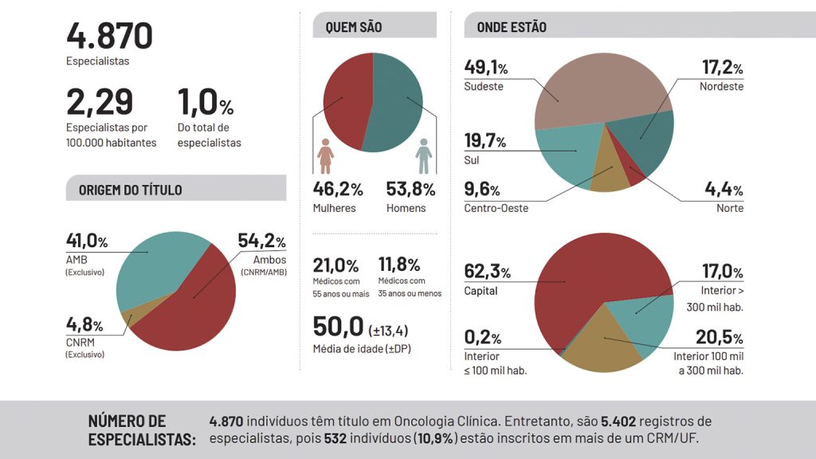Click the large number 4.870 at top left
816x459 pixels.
pos(109,37)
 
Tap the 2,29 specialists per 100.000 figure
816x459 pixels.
pos(100,102)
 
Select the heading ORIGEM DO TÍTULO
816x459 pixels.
pos(130,190)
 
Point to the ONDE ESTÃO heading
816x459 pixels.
pos(512,27)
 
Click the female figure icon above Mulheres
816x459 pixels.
pos(324,156)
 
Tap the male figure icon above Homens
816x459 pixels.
pos(423,156)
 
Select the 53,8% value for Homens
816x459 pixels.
pos(410,190)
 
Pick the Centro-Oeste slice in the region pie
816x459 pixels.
pos(610,178)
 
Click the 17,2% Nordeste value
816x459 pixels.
pos(722,69)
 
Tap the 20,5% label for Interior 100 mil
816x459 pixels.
pos(722,337)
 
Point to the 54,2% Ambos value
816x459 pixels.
pos(261,241)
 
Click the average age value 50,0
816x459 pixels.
pos(338,328)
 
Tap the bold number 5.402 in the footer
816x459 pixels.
pos(621,421)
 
